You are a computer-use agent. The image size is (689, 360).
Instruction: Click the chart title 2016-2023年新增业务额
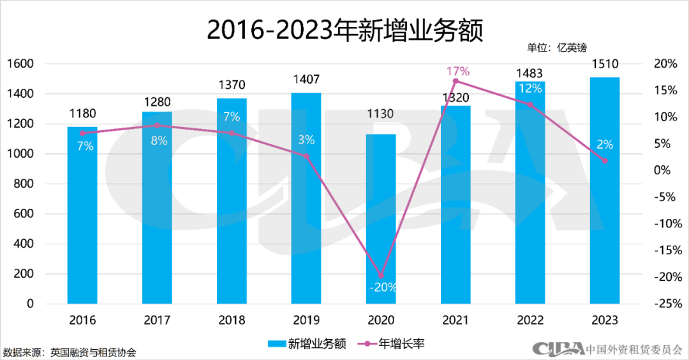click(x=344, y=29)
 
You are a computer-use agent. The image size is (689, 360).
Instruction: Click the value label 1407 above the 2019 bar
click(x=306, y=80)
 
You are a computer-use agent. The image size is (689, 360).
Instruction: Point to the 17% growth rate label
click(x=457, y=70)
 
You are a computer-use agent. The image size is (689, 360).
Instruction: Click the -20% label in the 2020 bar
click(x=383, y=287)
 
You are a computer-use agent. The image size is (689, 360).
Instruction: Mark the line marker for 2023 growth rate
click(x=605, y=160)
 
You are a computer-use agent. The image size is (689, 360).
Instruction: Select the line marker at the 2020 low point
click(x=382, y=276)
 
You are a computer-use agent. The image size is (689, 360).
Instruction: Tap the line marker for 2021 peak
click(x=456, y=81)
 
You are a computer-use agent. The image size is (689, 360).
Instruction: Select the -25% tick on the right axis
click(x=663, y=304)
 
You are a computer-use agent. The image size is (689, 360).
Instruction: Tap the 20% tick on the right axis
click(x=665, y=64)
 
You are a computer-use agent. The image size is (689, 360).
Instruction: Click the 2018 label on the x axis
click(x=232, y=320)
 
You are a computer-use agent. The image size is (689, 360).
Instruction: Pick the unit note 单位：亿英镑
click(x=556, y=47)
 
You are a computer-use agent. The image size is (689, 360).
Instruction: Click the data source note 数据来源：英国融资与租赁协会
click(x=70, y=352)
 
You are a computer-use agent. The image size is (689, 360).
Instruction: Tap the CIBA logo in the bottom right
click(x=558, y=349)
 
